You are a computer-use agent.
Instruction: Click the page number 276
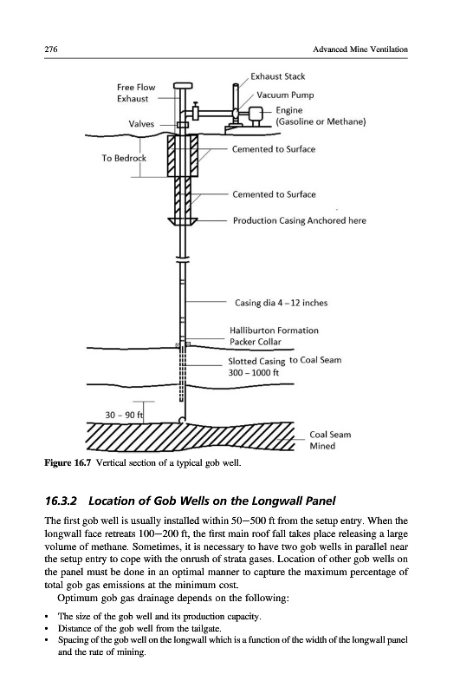pos(51,49)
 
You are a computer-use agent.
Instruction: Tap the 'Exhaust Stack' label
pos(277,76)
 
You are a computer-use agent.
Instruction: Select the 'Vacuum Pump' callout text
pos(285,95)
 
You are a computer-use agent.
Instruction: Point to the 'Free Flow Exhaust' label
pos(136,93)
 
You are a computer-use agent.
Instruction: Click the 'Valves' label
pos(141,124)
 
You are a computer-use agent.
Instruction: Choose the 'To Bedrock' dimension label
pos(124,158)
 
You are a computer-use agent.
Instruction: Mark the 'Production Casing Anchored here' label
pos(300,220)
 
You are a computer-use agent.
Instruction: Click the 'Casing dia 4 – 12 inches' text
pos(281,303)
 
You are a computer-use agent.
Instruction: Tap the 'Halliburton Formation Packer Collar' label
pos(274,336)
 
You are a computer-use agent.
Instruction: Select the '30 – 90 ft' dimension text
pos(124,415)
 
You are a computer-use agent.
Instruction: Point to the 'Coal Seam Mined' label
pos(330,441)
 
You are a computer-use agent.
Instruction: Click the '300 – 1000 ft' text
pos(254,373)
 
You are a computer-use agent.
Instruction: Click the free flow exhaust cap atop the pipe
pos(183,85)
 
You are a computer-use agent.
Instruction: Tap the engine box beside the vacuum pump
pos(256,115)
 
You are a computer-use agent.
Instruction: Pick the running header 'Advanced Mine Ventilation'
pos(360,49)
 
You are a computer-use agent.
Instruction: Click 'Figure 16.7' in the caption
pos(68,463)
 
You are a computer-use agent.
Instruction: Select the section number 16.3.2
pos(61,501)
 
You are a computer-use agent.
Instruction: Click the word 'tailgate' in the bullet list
pos(206,628)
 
